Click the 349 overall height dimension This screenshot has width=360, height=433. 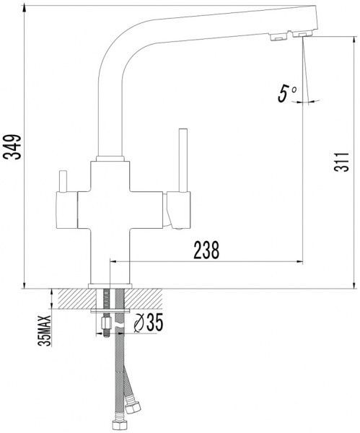[12, 146]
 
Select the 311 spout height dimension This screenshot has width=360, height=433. [341, 162]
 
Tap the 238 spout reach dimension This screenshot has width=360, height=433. [206, 250]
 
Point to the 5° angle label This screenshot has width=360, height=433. [287, 94]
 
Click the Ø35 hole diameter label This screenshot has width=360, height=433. [148, 323]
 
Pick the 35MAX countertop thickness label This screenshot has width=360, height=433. [45, 331]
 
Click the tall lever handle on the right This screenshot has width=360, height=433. [183, 160]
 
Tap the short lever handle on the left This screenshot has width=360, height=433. [63, 181]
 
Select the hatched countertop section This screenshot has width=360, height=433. [110, 299]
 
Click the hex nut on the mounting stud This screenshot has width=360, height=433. [106, 323]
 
